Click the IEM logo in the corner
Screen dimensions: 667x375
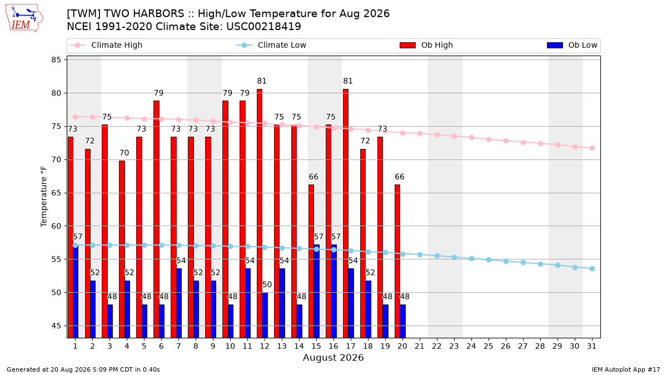point(24,18)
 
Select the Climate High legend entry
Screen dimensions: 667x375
point(106,45)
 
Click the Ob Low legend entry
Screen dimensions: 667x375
point(572,45)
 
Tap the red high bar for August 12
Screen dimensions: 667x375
point(260,213)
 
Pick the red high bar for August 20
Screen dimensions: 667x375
point(397,261)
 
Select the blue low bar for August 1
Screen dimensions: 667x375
point(76,291)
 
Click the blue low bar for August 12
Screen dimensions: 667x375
point(265,315)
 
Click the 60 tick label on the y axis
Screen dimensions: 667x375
point(56,226)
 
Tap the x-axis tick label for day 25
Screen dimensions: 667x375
point(489,346)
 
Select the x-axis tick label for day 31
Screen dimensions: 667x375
point(591,346)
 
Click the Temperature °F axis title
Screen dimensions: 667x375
point(44,197)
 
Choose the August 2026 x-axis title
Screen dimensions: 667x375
point(333,357)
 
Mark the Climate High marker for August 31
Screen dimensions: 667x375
point(593,148)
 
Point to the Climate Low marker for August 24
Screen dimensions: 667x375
point(472,259)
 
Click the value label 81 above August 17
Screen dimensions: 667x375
point(348,81)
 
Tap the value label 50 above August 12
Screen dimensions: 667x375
point(267,284)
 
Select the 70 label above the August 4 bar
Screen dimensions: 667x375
point(124,153)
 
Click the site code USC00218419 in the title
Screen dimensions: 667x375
point(263,27)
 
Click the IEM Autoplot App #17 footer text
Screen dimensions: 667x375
point(626,369)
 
